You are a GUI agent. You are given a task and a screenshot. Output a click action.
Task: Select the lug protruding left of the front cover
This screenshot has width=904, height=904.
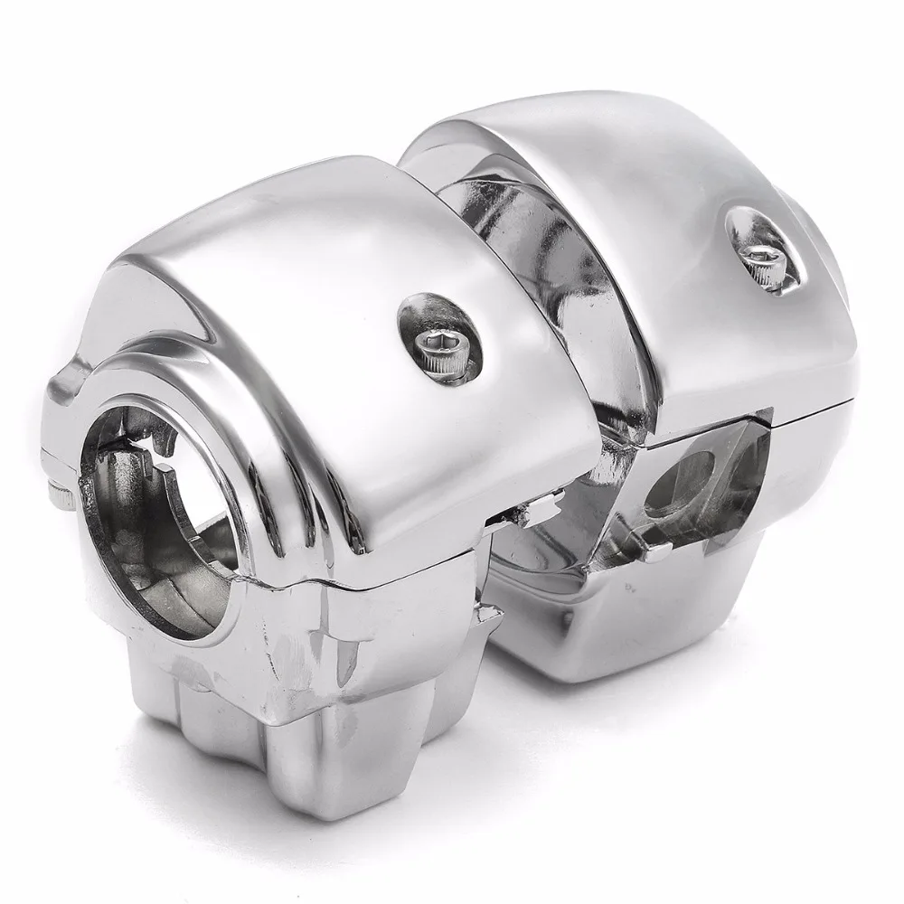63,398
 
